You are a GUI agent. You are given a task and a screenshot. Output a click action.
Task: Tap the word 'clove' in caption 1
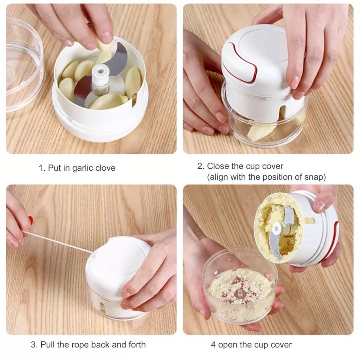point(105,168)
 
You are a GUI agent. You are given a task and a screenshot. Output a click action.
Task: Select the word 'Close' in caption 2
point(218,166)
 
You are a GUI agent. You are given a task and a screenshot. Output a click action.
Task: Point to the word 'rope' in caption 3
point(80,345)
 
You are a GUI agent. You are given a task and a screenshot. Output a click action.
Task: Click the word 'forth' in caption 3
point(137,344)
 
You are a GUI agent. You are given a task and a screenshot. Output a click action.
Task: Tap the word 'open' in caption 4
point(228,345)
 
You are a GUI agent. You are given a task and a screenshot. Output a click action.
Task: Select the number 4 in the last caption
point(213,345)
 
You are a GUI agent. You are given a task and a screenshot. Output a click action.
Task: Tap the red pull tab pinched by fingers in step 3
point(31,220)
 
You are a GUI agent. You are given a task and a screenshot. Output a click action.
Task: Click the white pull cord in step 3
point(58,242)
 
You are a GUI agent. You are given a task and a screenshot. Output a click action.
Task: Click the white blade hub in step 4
point(278,229)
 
